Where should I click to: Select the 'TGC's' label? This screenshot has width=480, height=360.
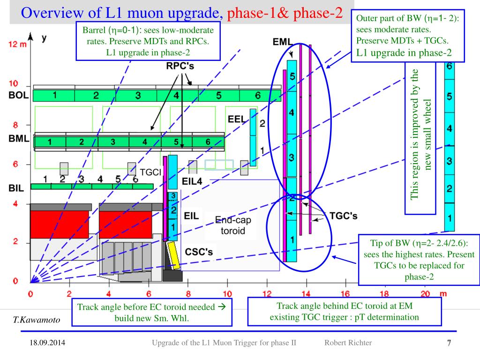tap(344, 216)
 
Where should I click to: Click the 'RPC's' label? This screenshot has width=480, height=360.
tap(180, 66)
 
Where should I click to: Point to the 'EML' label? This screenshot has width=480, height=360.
tap(283, 42)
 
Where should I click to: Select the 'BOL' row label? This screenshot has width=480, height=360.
tap(19, 95)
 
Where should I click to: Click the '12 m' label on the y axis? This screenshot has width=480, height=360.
tap(18, 44)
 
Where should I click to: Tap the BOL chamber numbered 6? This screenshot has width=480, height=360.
tap(257, 96)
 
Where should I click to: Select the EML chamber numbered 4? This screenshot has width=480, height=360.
tap(292, 113)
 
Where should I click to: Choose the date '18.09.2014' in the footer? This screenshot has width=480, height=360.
tap(45, 343)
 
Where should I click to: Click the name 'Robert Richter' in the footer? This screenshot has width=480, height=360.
tap(348, 343)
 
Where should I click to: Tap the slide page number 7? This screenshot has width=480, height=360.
tap(449, 343)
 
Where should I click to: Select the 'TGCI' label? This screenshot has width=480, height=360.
tap(150, 172)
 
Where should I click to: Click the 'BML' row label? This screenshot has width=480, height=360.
tap(19, 139)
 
